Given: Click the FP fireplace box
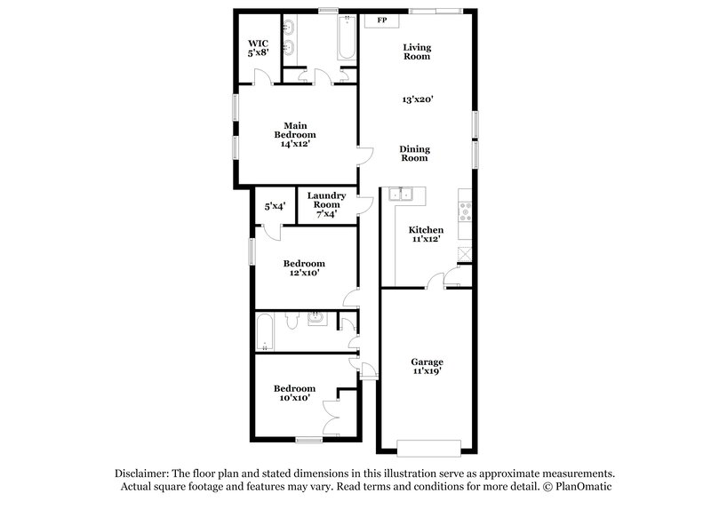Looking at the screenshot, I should click(x=381, y=20).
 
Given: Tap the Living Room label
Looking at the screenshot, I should click(x=416, y=52).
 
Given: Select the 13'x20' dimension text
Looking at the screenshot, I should click(x=417, y=100).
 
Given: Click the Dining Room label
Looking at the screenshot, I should click(x=414, y=154).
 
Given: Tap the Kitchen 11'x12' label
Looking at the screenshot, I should click(x=426, y=234).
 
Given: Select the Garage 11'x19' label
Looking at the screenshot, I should click(x=427, y=367).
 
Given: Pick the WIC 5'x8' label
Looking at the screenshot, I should click(x=258, y=47).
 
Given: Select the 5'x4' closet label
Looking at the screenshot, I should click(x=274, y=206).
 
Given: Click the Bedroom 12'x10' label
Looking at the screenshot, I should click(x=303, y=268).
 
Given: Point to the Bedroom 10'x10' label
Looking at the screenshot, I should click(x=293, y=394).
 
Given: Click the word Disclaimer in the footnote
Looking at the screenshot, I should click(x=143, y=473).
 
